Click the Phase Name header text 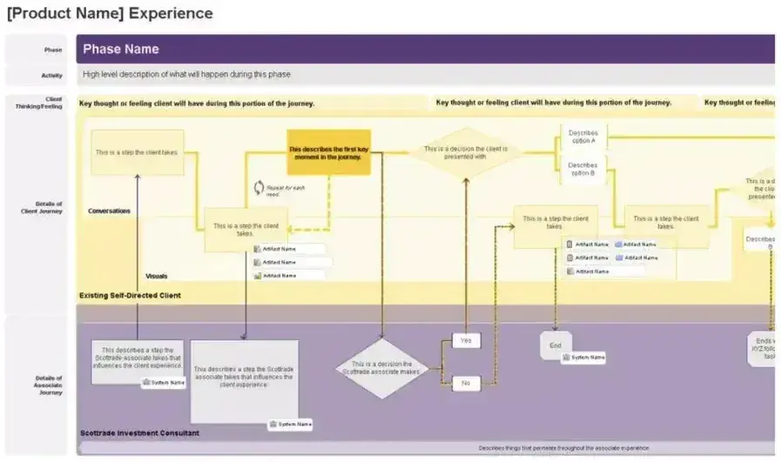121,50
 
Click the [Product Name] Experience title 110,14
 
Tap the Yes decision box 466,340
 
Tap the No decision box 466,382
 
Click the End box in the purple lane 555,345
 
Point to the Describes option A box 582,137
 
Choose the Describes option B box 582,168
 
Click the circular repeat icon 259,187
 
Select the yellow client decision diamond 467,152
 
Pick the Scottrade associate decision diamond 380,368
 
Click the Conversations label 110,211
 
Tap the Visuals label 157,276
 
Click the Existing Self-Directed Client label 130,296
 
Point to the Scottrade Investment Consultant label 139,432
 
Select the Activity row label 51,76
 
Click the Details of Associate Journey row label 48,385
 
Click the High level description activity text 186,75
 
